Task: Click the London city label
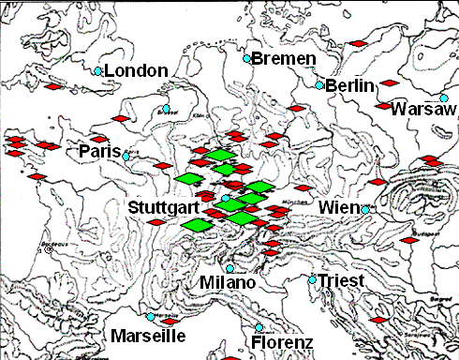(x=136, y=71)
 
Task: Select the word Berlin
(x=350, y=85)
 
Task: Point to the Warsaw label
(x=424, y=110)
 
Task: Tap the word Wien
(x=338, y=207)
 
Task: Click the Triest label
(x=341, y=280)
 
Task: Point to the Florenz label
(x=282, y=343)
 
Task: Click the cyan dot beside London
(x=98, y=71)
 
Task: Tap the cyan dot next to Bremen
(x=247, y=59)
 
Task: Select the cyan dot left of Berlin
(x=319, y=85)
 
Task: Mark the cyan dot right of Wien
(x=365, y=208)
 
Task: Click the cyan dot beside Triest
(x=312, y=278)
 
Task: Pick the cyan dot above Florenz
(x=259, y=327)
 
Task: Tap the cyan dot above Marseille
(x=150, y=317)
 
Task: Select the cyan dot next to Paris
(x=127, y=155)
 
